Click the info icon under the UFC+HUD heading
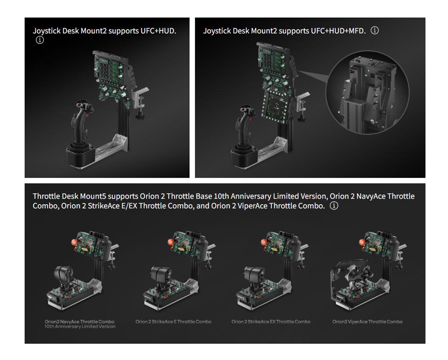point(40,40)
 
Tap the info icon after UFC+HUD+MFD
point(375,30)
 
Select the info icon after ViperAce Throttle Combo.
point(334,206)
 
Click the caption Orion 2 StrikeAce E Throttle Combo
point(173,322)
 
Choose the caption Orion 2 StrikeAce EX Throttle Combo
point(271,322)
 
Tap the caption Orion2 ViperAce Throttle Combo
point(367,322)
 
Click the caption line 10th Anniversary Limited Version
point(80,326)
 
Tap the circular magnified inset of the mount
point(367,92)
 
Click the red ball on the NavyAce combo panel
point(75,242)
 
